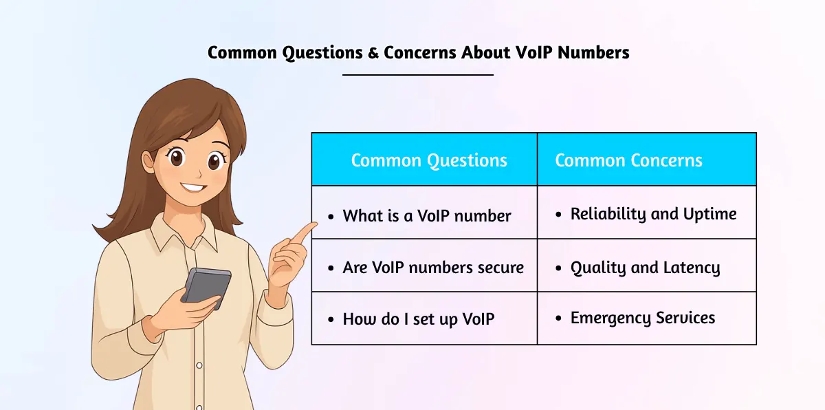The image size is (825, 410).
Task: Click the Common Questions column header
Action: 428,161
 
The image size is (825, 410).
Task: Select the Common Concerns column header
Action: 628,161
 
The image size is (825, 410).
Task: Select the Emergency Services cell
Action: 643,318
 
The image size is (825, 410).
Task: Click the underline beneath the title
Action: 418,74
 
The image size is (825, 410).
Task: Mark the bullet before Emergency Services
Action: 558,319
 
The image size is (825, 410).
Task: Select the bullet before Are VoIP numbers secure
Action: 331,268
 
